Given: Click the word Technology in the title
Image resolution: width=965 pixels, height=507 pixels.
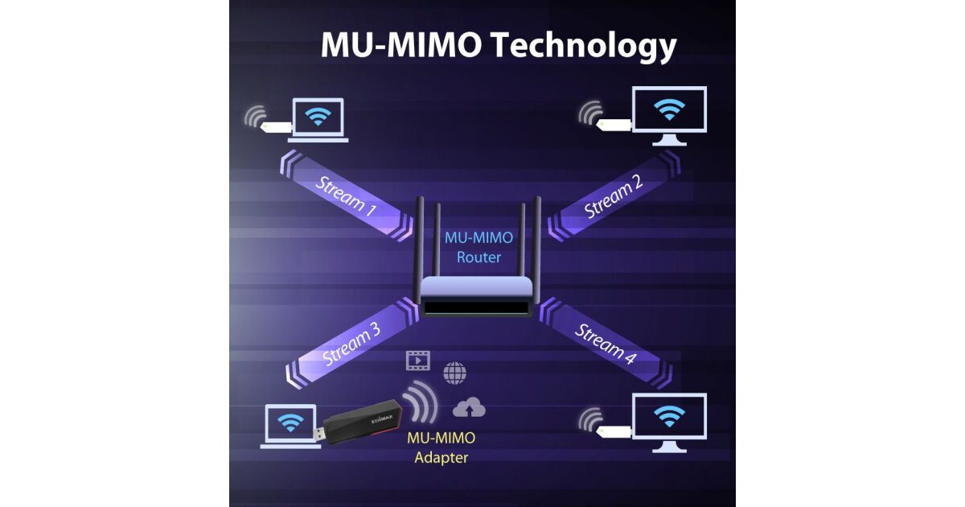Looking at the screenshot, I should click(584, 46).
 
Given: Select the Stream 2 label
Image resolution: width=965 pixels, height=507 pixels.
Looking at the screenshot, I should click(614, 198).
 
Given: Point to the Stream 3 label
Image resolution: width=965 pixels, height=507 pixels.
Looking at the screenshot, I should click(351, 344).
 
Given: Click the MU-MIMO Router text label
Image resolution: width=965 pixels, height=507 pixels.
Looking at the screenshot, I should click(478, 247).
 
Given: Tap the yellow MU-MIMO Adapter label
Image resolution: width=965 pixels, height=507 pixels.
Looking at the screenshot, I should click(441, 447).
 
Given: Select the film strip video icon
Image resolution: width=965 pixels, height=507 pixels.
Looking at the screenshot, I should click(417, 361).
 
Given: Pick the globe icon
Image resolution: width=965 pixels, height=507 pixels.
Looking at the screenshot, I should click(454, 373).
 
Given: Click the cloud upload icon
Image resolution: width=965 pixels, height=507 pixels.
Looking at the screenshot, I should click(469, 410).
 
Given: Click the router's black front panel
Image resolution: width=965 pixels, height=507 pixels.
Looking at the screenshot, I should click(477, 307).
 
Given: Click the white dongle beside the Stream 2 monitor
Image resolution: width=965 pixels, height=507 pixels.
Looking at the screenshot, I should click(615, 124).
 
